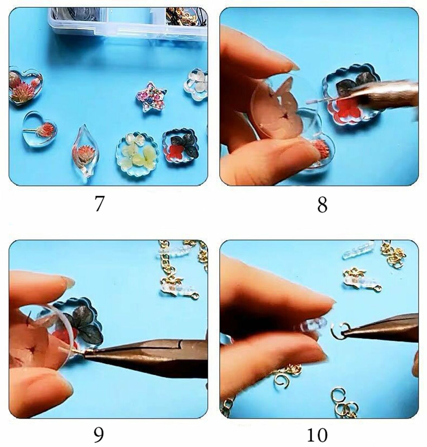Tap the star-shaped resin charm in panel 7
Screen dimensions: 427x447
pos(151,97)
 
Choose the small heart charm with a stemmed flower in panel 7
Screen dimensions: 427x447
pos(40,130)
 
